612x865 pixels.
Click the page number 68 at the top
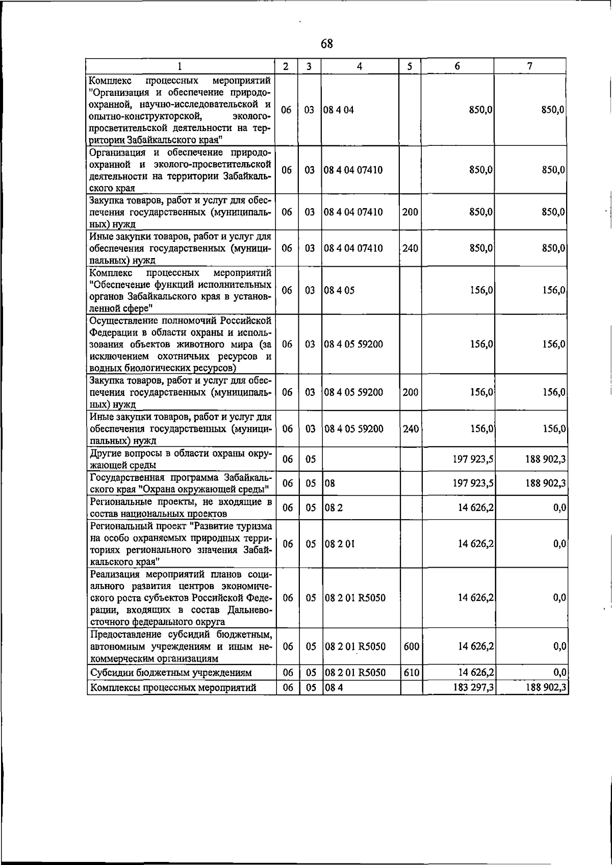pyautogui.click(x=327, y=44)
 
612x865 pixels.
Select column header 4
pyautogui.click(x=360, y=66)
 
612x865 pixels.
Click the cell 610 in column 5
pyautogui.click(x=411, y=673)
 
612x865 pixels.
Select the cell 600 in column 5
pyautogui.click(x=411, y=647)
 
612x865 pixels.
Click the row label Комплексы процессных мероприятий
pyautogui.click(x=173, y=688)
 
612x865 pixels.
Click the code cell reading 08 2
pyautogui.click(x=333, y=508)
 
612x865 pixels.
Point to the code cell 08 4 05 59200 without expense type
pyautogui.click(x=353, y=344)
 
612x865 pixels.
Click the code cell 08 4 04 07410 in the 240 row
pyautogui.click(x=353, y=248)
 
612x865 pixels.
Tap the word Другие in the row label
pyautogui.click(x=105, y=453)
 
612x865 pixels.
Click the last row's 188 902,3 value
pyautogui.click(x=546, y=688)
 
